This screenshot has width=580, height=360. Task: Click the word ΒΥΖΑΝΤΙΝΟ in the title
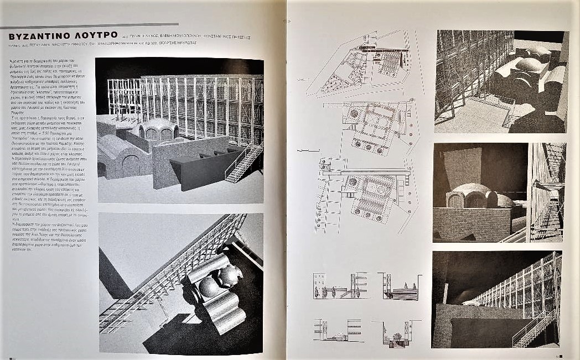pyautogui.click(x=42, y=36)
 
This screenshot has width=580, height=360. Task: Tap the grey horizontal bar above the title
pyautogui.click(x=89, y=25)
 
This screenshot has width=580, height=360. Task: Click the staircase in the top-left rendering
pyautogui.click(x=244, y=164)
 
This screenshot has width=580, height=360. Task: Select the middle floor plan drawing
pyautogui.click(x=376, y=126)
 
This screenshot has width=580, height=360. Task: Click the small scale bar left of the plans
pyautogui.click(x=303, y=150)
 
